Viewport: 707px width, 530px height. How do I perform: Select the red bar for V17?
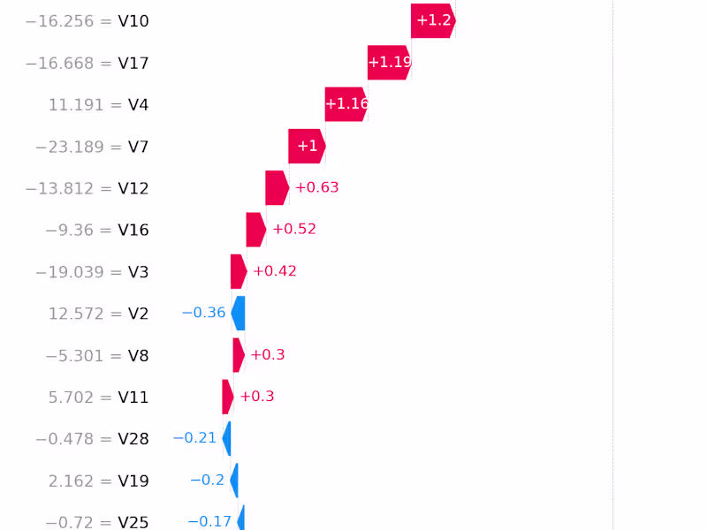[389, 62]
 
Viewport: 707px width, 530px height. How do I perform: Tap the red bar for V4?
[346, 104]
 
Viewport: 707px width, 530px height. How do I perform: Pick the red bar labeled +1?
[307, 146]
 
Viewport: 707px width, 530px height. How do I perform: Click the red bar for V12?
[277, 187]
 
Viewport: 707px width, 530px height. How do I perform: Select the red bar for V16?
[255, 230]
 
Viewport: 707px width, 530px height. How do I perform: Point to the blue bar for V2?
[238, 314]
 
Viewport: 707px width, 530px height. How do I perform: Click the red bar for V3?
[239, 271]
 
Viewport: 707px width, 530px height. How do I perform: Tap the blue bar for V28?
[227, 438]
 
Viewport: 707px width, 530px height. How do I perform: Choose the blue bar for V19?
[234, 481]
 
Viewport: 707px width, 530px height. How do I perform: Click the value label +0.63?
[316, 187]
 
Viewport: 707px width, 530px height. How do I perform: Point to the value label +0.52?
[294, 229]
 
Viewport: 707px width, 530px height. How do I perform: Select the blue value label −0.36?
[203, 313]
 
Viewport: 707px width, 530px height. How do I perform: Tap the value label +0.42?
[275, 271]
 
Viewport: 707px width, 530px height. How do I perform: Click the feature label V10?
[133, 21]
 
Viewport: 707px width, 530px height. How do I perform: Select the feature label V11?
[133, 397]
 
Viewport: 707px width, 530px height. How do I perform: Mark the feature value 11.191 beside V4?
[74, 105]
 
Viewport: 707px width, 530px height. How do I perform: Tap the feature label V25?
[133, 522]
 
